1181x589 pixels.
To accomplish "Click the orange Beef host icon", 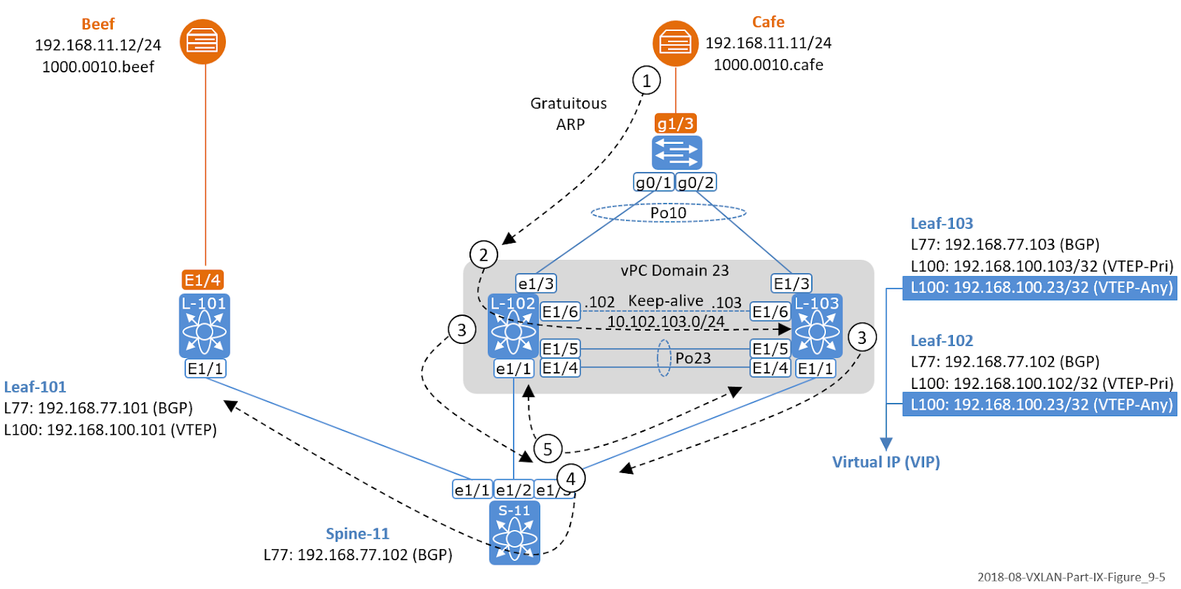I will pyautogui.click(x=202, y=41).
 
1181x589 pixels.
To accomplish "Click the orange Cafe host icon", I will pyautogui.click(x=675, y=44).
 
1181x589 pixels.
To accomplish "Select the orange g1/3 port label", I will pyautogui.click(x=675, y=123).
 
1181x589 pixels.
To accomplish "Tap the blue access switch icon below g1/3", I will pyautogui.click(x=676, y=153).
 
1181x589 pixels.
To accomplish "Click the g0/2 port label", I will pyautogui.click(x=696, y=182).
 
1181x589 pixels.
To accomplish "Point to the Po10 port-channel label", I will pyautogui.click(x=668, y=213).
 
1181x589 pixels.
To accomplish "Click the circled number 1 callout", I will pyautogui.click(x=647, y=80).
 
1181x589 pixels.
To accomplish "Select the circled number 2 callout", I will pyautogui.click(x=483, y=255).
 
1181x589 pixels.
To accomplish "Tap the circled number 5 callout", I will pyautogui.click(x=548, y=449).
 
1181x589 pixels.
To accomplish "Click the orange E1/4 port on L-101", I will pyautogui.click(x=202, y=280).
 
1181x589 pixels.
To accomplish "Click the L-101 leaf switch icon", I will pyautogui.click(x=204, y=326).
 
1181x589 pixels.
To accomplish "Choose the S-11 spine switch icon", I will pyautogui.click(x=514, y=533).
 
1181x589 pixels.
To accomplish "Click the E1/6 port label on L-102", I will pyautogui.click(x=560, y=311).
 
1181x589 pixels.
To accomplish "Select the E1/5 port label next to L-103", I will pyautogui.click(x=770, y=348).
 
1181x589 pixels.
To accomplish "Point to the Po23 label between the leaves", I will pyautogui.click(x=693, y=358).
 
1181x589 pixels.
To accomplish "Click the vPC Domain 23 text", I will pyautogui.click(x=674, y=270).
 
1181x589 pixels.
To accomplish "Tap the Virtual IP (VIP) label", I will pyautogui.click(x=886, y=462).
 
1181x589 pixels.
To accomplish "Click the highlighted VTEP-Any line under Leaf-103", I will pyautogui.click(x=1041, y=287).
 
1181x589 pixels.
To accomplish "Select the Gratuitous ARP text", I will pyautogui.click(x=568, y=114).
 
